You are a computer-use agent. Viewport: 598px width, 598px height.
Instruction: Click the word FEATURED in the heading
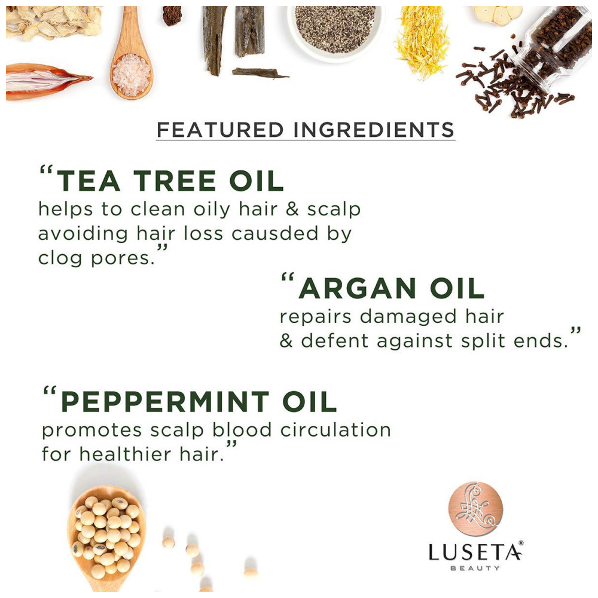point(220,130)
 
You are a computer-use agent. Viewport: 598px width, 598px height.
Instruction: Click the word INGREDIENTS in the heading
point(374,130)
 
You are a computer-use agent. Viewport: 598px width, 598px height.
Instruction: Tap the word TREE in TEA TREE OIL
point(175,181)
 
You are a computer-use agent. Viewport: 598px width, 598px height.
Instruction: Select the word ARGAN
point(358,288)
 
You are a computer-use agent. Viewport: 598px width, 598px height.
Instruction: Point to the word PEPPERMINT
point(165,401)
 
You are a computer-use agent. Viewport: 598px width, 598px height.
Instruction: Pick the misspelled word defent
point(334,340)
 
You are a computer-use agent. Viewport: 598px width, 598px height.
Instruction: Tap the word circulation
point(335,430)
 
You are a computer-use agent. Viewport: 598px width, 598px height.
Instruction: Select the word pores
point(123,259)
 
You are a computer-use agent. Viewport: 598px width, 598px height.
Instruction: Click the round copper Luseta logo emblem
point(475,508)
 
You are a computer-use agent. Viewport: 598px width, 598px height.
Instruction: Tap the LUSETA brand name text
point(475,552)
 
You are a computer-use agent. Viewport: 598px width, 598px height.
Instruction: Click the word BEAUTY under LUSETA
point(475,568)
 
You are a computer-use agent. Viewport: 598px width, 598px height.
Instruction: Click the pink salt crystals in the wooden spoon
point(131,75)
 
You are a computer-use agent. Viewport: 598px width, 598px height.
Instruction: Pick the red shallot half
point(46,81)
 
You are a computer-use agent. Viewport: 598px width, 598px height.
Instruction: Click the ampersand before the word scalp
point(292,208)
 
